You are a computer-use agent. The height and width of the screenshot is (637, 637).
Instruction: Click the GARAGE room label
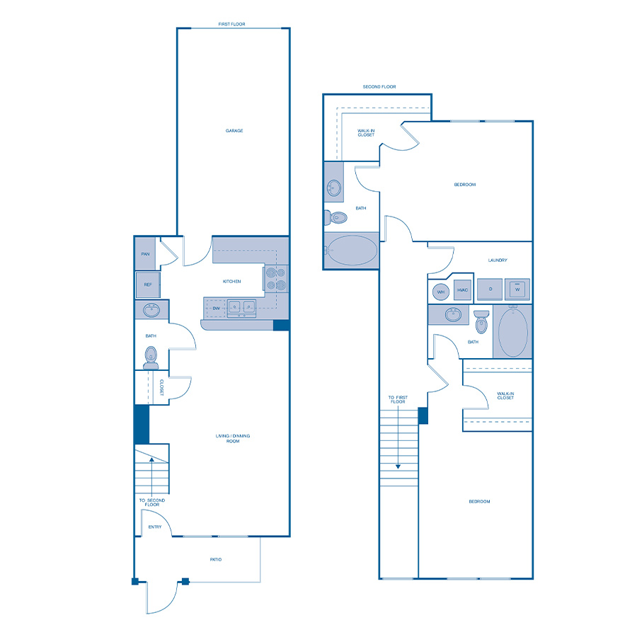234,131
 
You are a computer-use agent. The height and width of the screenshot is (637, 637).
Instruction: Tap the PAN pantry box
145,254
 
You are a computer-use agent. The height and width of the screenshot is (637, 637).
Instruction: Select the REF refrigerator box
147,285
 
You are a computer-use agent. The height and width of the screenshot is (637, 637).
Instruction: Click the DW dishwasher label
216,308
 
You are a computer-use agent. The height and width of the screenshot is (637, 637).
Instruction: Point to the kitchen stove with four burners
276,279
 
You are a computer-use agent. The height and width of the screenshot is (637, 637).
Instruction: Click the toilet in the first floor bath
151,357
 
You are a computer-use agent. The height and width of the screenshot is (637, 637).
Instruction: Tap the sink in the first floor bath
151,310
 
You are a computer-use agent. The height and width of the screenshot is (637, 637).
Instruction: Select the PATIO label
216,560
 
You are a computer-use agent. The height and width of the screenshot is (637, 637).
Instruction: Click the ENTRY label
154,527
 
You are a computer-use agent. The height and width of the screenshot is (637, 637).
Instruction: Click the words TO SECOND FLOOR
151,504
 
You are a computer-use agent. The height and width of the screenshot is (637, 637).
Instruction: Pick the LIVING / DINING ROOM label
233,439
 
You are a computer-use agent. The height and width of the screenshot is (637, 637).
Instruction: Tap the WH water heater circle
440,291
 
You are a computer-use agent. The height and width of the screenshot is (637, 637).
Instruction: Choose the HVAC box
461,290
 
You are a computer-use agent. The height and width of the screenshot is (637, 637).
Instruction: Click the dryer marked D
489,289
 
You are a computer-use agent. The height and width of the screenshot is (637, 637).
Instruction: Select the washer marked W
517,289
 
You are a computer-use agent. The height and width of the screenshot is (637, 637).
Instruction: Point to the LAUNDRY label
498,260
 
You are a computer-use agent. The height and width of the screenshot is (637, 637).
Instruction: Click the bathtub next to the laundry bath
513,331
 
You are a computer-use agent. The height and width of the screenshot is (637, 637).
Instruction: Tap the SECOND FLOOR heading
379,87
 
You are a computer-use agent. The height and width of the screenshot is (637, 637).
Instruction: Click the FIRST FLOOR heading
233,24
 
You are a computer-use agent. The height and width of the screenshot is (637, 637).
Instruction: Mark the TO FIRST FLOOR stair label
398,400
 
